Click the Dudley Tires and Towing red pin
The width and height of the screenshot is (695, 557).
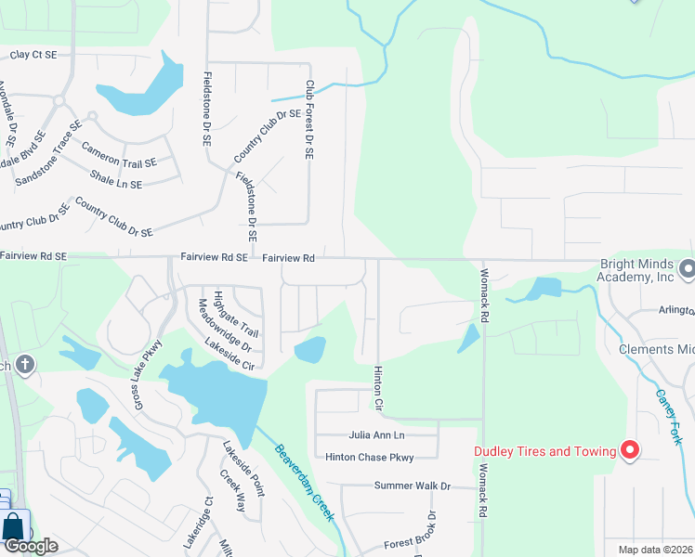pyautogui.click(x=630, y=451)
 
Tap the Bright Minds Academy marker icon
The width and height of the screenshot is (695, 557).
pyautogui.click(x=687, y=270)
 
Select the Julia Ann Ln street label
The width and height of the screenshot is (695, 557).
pyautogui.click(x=377, y=434)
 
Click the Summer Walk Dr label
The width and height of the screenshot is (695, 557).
pyautogui.click(x=412, y=486)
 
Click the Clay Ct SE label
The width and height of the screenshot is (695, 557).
pyautogui.click(x=33, y=55)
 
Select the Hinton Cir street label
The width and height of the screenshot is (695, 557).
pyautogui.click(x=378, y=387)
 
